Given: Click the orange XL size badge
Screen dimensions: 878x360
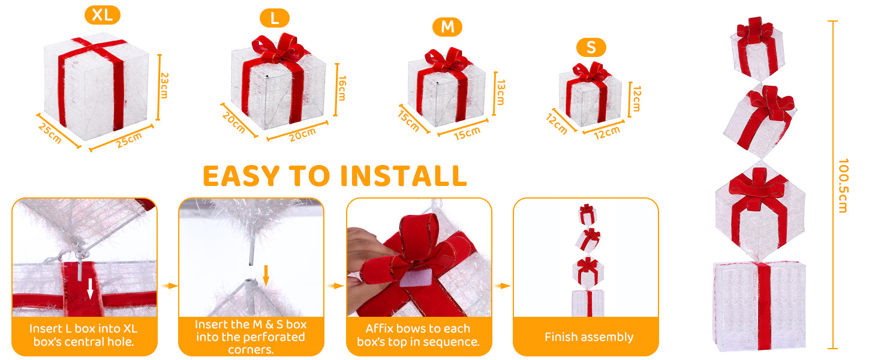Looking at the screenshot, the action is tap(103, 15).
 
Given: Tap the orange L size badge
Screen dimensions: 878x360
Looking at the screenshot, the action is tap(275, 18).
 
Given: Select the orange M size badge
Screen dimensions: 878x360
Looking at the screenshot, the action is tap(447, 27).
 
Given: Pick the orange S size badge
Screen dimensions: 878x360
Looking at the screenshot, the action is tap(591, 47).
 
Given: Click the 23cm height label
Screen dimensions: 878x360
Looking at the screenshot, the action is tap(164, 85).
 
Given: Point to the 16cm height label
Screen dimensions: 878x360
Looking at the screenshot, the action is tap(342, 88).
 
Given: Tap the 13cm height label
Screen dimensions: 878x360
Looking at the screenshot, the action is tap(501, 92).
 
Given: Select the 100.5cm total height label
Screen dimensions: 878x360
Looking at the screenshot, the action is tap(843, 185).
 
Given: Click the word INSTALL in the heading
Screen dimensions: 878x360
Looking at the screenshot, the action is tap(404, 176).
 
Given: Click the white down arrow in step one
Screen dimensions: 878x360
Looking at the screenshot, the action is tap(90, 288).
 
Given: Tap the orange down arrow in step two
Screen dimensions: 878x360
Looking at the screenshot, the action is tap(266, 275).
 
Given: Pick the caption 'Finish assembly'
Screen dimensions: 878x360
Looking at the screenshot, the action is tap(589, 337).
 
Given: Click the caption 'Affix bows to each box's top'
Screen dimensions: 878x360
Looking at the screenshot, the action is tap(418, 335).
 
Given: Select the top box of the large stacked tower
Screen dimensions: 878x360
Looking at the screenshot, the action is tap(757, 49).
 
